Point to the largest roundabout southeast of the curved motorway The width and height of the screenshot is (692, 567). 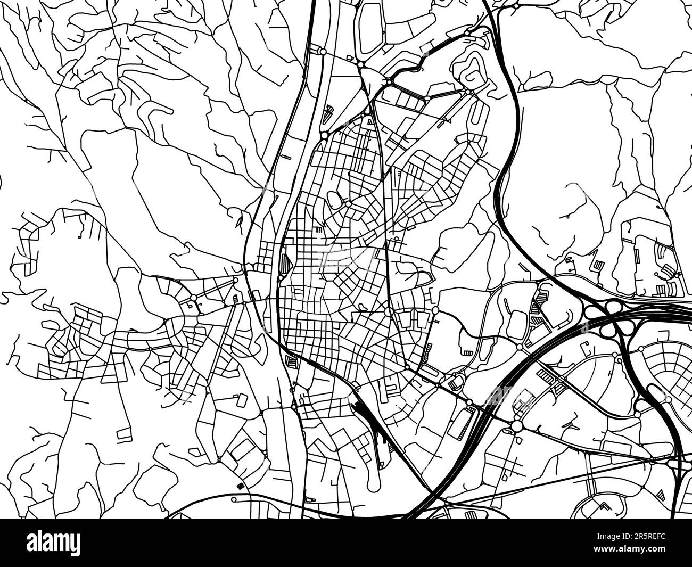coord(517,425)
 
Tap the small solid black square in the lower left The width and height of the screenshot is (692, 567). coord(239,486)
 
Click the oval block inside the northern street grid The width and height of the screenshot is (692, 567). coord(335,199)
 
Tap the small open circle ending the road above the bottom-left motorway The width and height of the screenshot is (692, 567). coord(234,499)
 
